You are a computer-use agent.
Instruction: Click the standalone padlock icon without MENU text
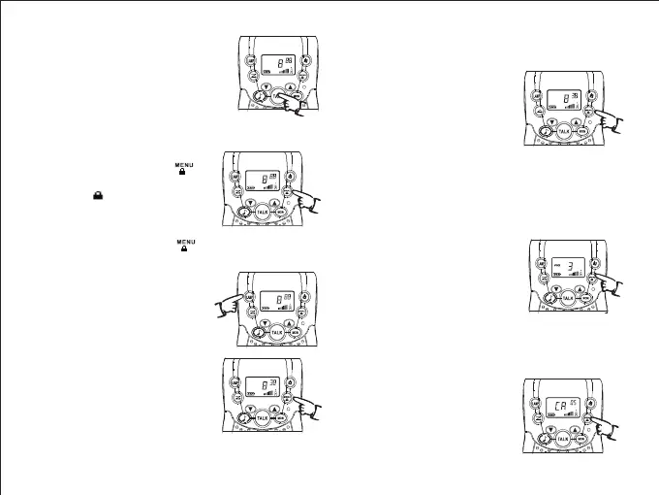pos(98,194)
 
